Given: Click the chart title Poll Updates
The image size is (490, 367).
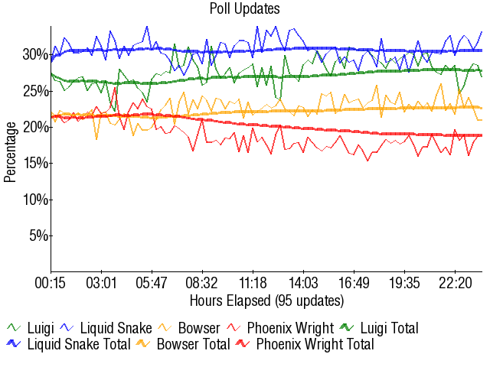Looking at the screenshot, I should (x=244, y=9).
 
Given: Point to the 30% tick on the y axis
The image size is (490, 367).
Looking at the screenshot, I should (x=36, y=54).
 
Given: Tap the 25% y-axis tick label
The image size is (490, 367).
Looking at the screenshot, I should (x=36, y=91).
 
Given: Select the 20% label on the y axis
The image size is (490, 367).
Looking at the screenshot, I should (x=36, y=127).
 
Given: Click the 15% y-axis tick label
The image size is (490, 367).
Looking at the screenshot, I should (x=36, y=163).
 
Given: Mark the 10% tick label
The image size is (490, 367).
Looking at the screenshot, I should (x=36, y=200).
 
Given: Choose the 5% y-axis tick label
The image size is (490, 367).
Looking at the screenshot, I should (x=39, y=235).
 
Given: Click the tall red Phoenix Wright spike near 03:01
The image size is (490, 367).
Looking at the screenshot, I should (x=115, y=88).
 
